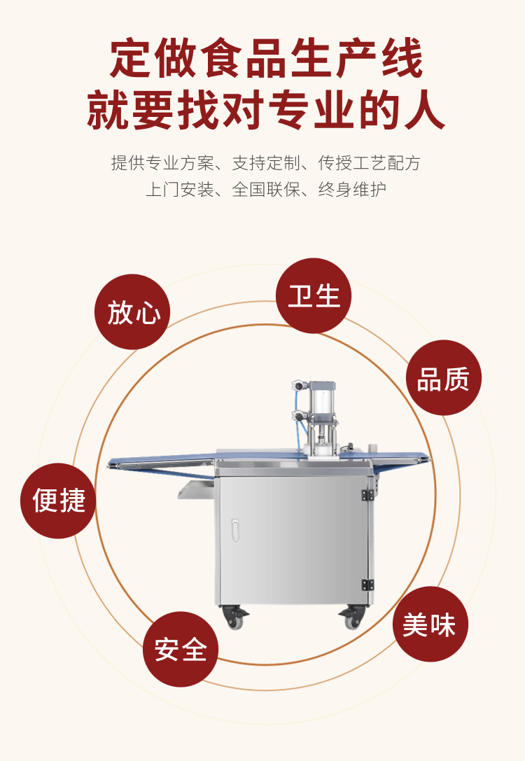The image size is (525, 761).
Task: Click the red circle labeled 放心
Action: tap(132, 312)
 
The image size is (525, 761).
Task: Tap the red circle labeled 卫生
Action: tap(314, 295)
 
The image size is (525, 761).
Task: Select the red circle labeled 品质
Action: tap(444, 377)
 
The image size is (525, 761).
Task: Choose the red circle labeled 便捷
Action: tap(58, 501)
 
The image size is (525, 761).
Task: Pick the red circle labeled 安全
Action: tap(181, 650)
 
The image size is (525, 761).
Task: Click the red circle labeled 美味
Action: tap(430, 624)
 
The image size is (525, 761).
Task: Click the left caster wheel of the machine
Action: tap(234, 617)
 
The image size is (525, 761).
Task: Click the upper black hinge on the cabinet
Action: tap(367, 495)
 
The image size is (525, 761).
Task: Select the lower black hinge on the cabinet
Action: tap(367, 585)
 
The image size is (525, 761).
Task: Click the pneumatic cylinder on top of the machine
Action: tap(322, 401)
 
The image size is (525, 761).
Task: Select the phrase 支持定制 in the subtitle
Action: tap(266, 163)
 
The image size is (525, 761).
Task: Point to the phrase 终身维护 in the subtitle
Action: tap(352, 189)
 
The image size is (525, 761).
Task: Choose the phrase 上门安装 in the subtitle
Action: tap(179, 189)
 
